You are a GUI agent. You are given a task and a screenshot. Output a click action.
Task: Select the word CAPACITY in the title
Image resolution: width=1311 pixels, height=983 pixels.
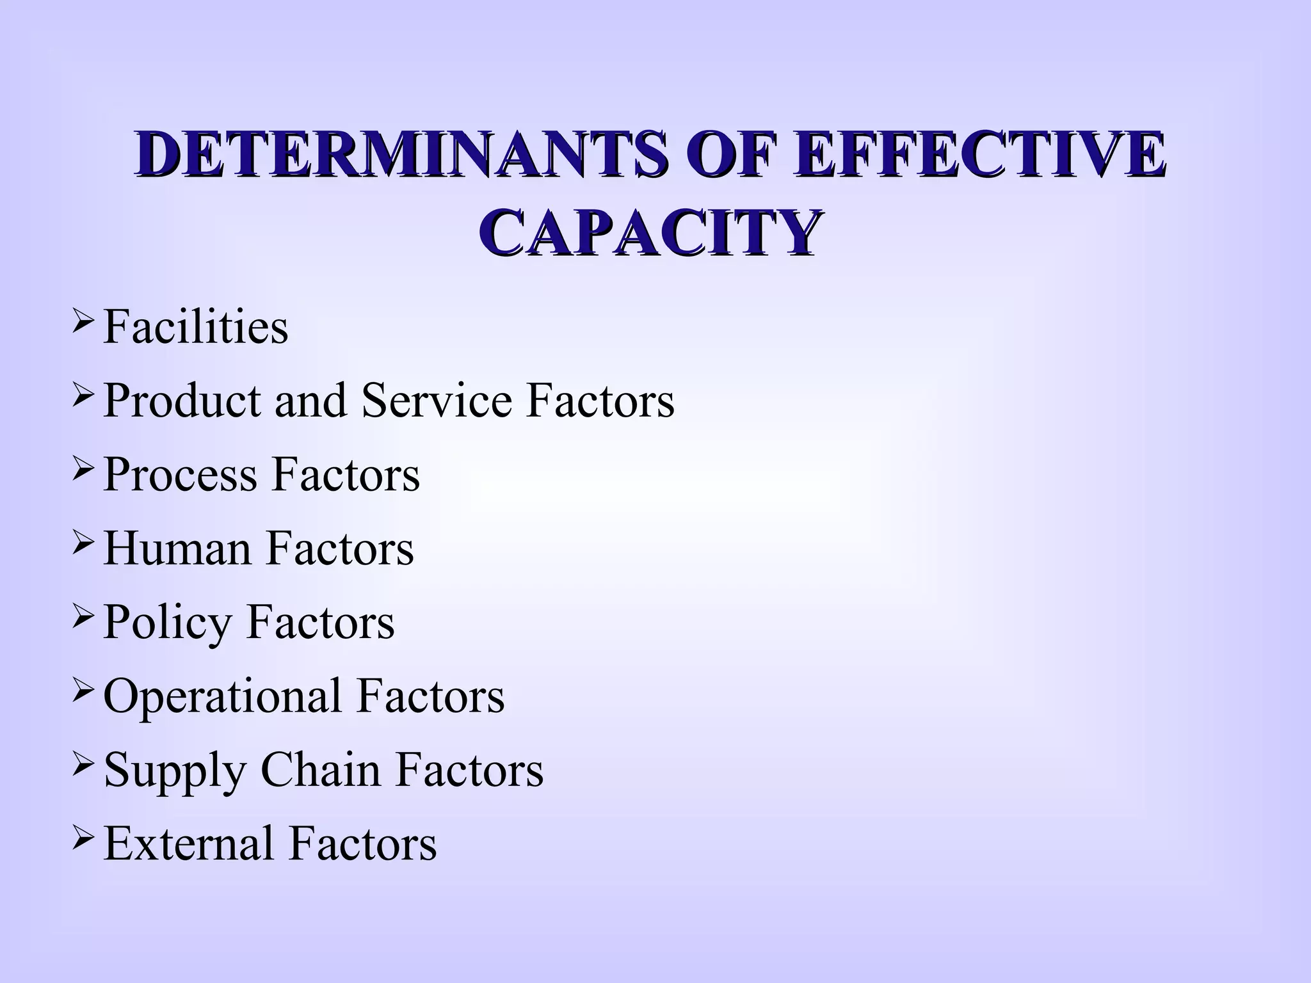point(650,232)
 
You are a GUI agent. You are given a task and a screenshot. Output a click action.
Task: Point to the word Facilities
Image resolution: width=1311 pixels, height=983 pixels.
point(195,326)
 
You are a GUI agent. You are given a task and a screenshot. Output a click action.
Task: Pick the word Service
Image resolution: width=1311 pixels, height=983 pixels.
point(437,401)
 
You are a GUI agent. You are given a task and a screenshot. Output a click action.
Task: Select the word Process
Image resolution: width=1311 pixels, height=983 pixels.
point(180,474)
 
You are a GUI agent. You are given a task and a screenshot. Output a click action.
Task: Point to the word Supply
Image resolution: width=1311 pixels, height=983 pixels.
point(175,771)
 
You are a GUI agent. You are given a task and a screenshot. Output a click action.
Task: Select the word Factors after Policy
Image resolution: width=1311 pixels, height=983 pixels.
point(320,622)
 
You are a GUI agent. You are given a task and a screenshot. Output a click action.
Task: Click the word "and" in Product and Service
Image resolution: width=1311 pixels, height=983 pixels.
point(310,401)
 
